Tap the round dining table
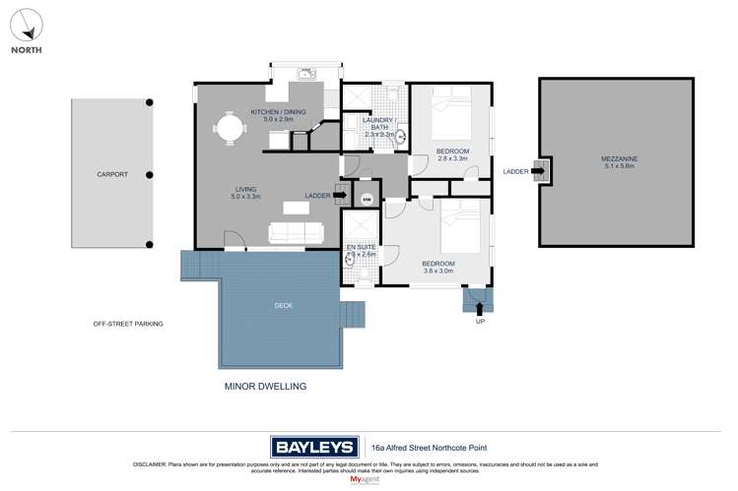coord(230,128)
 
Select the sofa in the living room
coord(297,232)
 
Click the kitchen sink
coord(305,73)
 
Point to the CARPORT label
coord(112,174)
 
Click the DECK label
coord(283,306)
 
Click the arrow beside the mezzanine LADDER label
coord(537,171)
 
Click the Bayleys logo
coord(315,448)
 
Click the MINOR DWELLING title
coord(266,387)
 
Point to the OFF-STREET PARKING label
coord(128,324)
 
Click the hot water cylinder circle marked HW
coord(368,199)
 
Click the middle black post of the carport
coord(150,175)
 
